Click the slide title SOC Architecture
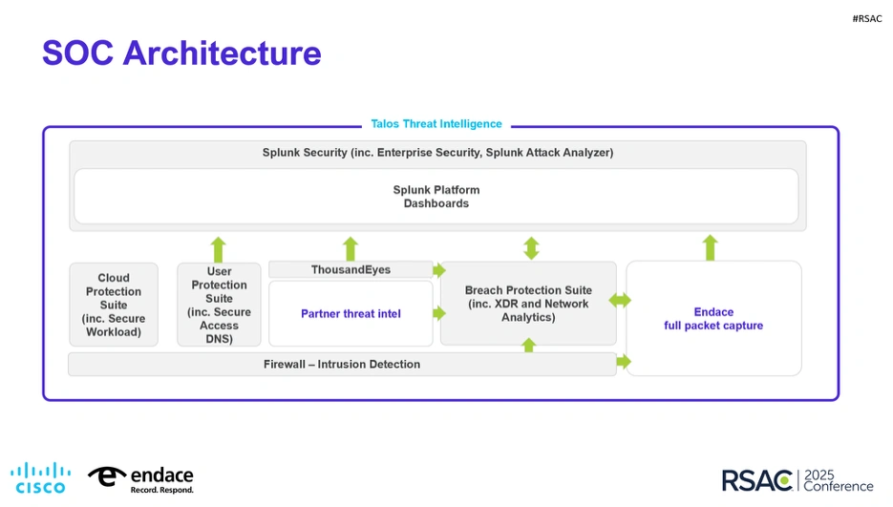(181, 53)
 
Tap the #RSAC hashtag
(867, 18)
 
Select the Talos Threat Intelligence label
(436, 124)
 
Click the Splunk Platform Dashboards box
(436, 197)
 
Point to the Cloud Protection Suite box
(114, 305)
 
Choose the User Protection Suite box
(219, 305)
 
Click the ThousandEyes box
(351, 270)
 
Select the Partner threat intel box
(351, 313)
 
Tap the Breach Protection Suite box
(528, 304)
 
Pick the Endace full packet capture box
(713, 318)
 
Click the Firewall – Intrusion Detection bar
(342, 364)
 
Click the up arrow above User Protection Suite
(219, 249)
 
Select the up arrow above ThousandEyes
(351, 248)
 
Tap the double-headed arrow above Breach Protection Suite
(531, 248)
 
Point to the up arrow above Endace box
(710, 247)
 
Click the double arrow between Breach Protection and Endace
(621, 301)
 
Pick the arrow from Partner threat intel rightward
(439, 313)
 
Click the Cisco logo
(40, 477)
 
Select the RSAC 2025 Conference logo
(797, 479)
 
